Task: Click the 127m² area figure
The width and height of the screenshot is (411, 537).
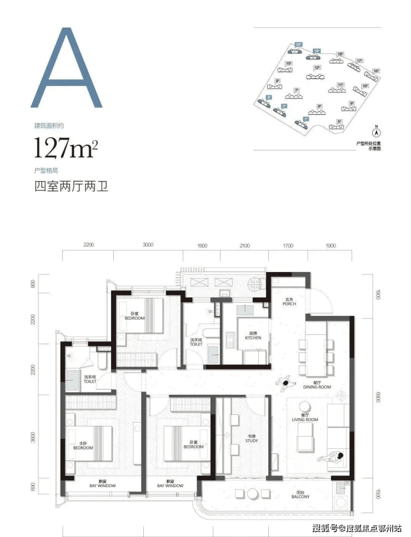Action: pyautogui.click(x=66, y=148)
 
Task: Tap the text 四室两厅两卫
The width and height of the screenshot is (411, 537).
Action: pyautogui.click(x=71, y=186)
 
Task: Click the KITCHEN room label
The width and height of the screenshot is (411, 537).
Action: pyautogui.click(x=245, y=337)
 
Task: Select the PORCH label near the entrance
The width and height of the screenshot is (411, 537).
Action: pyautogui.click(x=289, y=302)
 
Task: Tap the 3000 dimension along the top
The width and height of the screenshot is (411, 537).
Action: pyautogui.click(x=147, y=245)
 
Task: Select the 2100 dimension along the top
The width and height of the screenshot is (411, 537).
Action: pyautogui.click(x=245, y=245)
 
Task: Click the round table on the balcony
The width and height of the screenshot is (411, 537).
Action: pyautogui.click(x=252, y=494)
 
